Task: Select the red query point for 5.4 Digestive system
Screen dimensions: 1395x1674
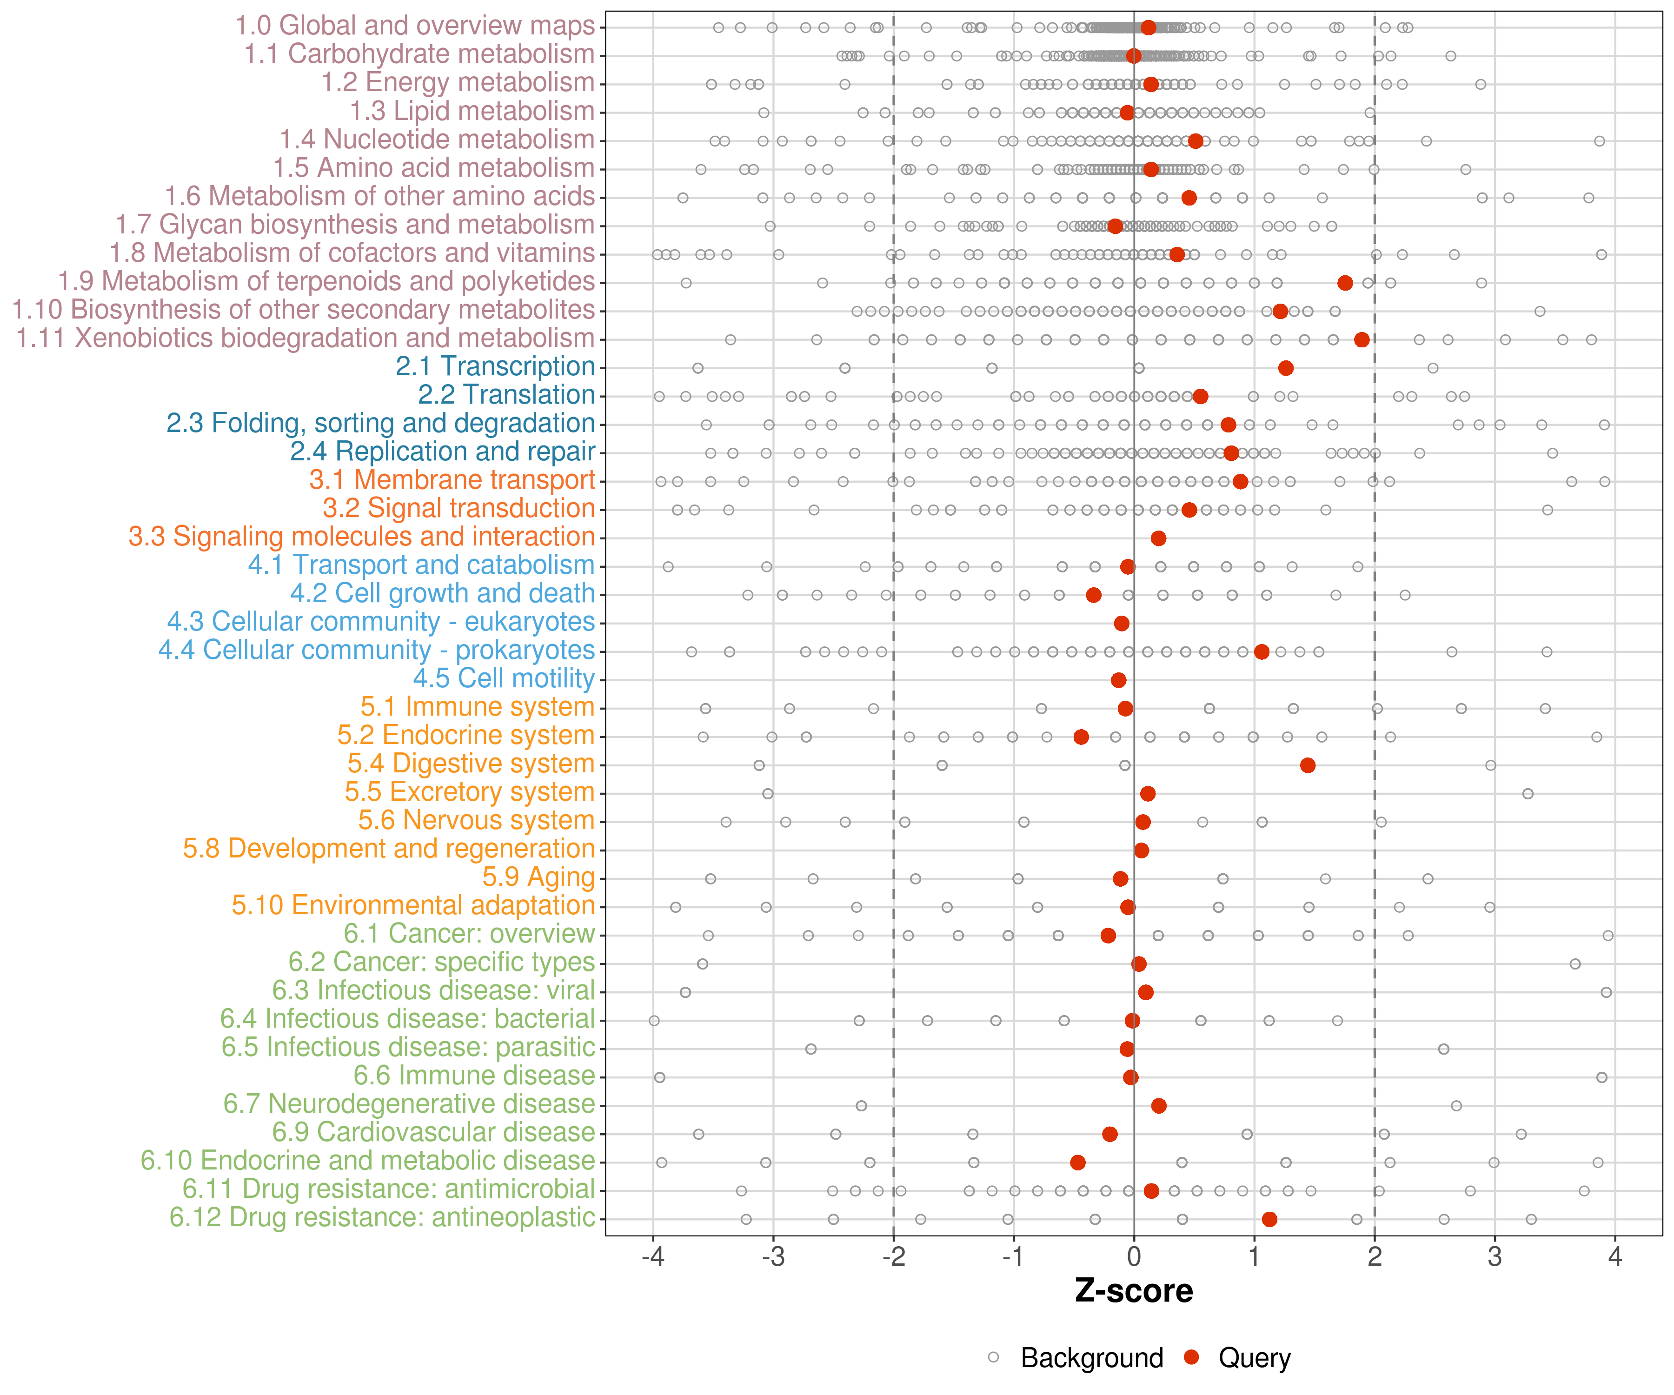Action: coord(1307,765)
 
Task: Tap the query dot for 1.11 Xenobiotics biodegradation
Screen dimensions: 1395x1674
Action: coord(1362,339)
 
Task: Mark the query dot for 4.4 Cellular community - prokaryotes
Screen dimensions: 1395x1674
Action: coord(1261,652)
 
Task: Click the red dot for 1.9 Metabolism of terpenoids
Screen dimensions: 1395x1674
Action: coord(1345,283)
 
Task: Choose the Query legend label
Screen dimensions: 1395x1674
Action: coord(1254,1357)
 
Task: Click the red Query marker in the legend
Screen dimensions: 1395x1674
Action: coord(1192,1357)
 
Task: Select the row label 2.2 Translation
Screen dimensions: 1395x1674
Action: coord(506,395)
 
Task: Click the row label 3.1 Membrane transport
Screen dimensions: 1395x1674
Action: coord(452,480)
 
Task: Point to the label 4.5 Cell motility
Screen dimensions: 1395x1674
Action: coord(504,678)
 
